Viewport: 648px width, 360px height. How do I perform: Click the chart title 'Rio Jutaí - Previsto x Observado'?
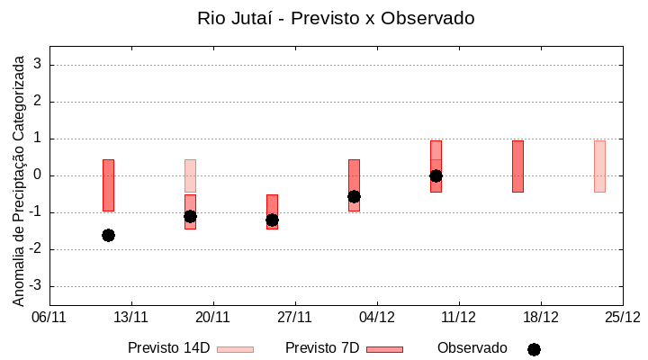click(x=336, y=18)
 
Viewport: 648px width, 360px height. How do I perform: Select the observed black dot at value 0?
click(x=436, y=175)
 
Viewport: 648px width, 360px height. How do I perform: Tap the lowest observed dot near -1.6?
click(x=108, y=235)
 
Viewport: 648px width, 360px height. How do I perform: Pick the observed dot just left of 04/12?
click(x=354, y=196)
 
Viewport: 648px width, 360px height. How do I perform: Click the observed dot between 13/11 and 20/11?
click(x=190, y=216)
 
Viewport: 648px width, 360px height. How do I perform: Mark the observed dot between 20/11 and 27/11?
click(x=272, y=220)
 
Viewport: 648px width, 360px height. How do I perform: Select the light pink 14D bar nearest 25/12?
click(x=599, y=166)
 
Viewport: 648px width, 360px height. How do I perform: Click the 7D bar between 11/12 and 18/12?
click(x=517, y=166)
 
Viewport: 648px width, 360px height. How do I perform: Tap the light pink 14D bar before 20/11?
click(x=190, y=175)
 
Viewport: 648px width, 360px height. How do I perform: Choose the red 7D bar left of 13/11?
click(x=108, y=184)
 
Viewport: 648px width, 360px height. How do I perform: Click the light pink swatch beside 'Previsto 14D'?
click(x=235, y=349)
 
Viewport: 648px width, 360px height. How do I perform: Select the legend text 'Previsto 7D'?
click(x=322, y=348)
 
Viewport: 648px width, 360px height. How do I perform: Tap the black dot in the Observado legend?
click(x=534, y=349)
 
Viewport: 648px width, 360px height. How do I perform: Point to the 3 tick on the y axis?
click(x=39, y=65)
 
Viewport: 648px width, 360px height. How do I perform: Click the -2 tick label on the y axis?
click(x=37, y=249)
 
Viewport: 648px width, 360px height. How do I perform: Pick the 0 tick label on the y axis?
click(x=39, y=175)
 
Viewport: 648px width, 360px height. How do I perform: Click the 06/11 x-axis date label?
click(x=49, y=317)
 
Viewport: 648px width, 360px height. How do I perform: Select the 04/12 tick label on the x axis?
click(x=377, y=317)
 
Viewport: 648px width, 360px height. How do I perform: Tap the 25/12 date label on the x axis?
click(x=622, y=317)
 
